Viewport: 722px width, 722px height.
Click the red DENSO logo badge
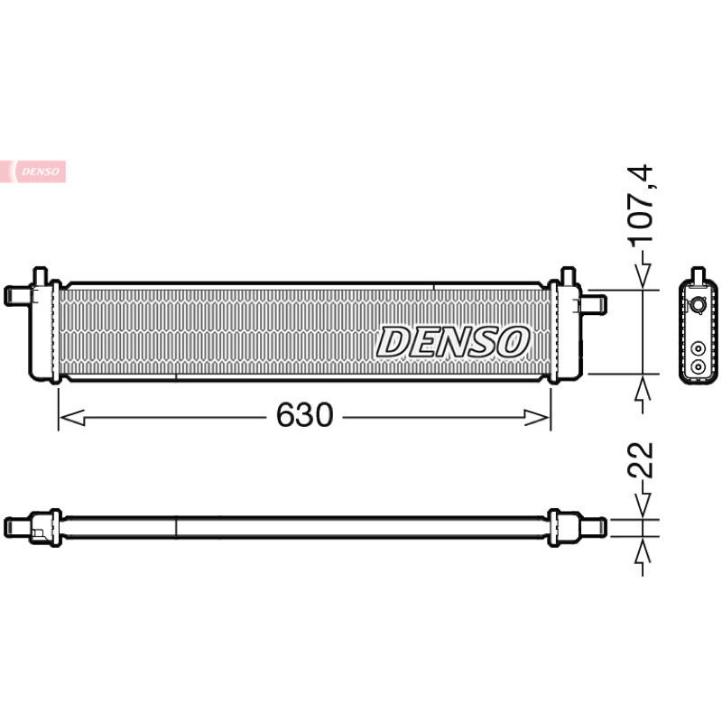tap(33, 171)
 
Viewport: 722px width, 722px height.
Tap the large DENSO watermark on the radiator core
tap(453, 342)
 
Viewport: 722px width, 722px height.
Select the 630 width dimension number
tap(304, 414)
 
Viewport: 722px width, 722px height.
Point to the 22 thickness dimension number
tap(641, 459)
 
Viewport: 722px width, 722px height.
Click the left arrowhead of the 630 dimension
tap(72, 418)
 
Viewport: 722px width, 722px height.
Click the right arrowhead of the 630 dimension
tap(537, 418)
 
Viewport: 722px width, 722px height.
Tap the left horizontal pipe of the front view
tap(18, 296)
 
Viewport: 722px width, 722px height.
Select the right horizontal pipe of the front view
tap(594, 305)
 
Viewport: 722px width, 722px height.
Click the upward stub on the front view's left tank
tap(41, 275)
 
